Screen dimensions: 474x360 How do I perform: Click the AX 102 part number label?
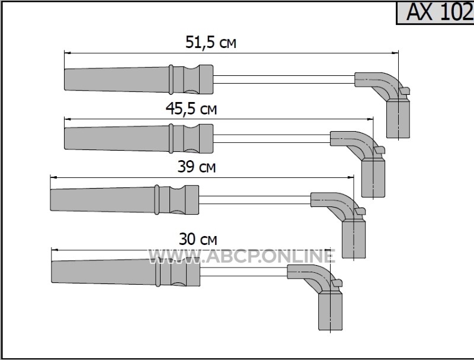(439, 12)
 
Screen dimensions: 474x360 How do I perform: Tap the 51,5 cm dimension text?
(211, 42)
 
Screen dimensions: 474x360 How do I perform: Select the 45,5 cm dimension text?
(191, 109)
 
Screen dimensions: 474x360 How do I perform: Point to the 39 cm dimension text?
(197, 167)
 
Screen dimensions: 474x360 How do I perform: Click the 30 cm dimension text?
(198, 239)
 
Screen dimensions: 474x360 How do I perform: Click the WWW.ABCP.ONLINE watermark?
(242, 257)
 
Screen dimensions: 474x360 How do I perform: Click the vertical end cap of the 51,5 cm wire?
(398, 119)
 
